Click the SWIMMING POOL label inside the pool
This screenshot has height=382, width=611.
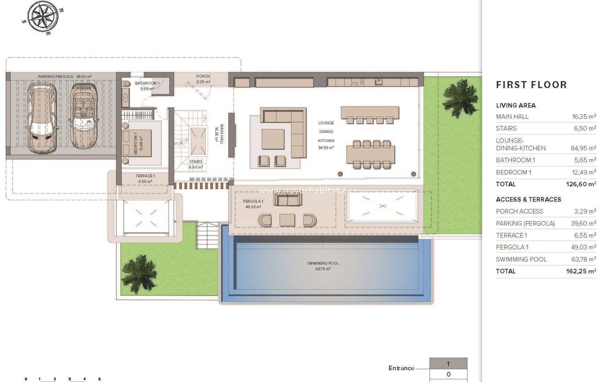323,264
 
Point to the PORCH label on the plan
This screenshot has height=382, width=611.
203,76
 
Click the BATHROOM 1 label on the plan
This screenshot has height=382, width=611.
147,83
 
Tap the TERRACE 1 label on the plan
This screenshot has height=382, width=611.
145,176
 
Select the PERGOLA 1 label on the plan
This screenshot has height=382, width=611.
253,202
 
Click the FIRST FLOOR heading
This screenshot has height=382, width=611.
531,85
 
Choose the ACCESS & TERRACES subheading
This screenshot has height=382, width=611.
528,200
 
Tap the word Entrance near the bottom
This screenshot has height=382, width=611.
401,368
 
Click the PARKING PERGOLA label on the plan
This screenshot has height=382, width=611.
55,77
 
